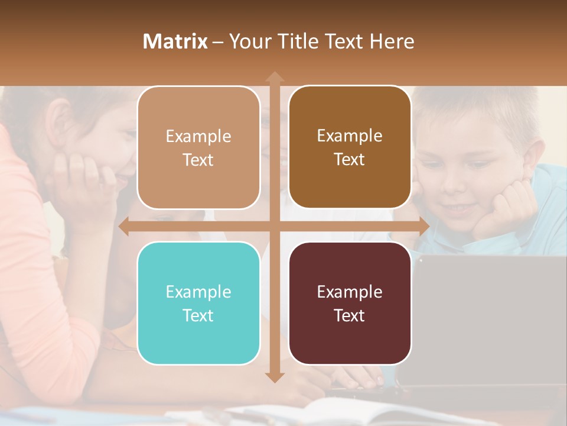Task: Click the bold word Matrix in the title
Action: pos(175,41)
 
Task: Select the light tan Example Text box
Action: pos(198,148)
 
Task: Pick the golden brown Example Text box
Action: pos(350,147)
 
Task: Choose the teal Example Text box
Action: pos(198,303)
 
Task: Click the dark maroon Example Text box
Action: pos(350,303)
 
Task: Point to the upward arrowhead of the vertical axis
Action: pos(274,76)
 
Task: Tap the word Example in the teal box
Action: pos(198,292)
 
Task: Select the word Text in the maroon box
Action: pos(350,315)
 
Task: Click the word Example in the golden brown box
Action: pos(350,136)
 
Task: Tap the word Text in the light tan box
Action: pos(198,160)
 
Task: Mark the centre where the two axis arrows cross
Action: pos(274,226)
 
